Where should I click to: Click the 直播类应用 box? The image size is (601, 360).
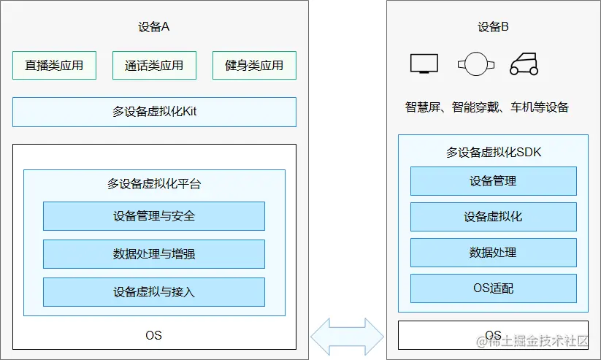pyautogui.click(x=54, y=66)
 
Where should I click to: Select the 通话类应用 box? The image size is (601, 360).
pyautogui.click(x=154, y=66)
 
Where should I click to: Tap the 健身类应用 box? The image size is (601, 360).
pyautogui.click(x=254, y=66)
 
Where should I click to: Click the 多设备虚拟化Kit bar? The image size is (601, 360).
pyautogui.click(x=154, y=112)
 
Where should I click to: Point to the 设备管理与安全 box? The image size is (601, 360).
pyautogui.click(x=154, y=216)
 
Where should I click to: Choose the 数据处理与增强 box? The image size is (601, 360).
pyautogui.click(x=154, y=254)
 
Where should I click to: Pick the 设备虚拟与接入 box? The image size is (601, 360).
pyautogui.click(x=154, y=292)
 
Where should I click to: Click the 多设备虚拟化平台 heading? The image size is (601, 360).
pyautogui.click(x=154, y=184)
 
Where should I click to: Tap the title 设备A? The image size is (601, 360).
pyautogui.click(x=154, y=27)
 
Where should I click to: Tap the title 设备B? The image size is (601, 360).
pyautogui.click(x=494, y=27)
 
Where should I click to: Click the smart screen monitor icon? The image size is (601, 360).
pyautogui.click(x=424, y=64)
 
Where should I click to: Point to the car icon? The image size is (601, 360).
pyautogui.click(x=524, y=64)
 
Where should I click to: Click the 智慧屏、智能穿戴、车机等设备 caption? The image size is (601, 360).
pyautogui.click(x=487, y=107)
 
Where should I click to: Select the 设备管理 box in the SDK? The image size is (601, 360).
pyautogui.click(x=493, y=181)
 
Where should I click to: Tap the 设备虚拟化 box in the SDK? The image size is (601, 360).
pyautogui.click(x=493, y=217)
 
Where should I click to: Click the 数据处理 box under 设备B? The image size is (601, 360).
pyautogui.click(x=493, y=253)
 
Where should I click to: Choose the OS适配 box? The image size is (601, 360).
pyautogui.click(x=493, y=288)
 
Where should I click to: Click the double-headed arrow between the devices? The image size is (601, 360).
pyautogui.click(x=348, y=337)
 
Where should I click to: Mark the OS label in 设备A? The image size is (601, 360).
pyautogui.click(x=153, y=335)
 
